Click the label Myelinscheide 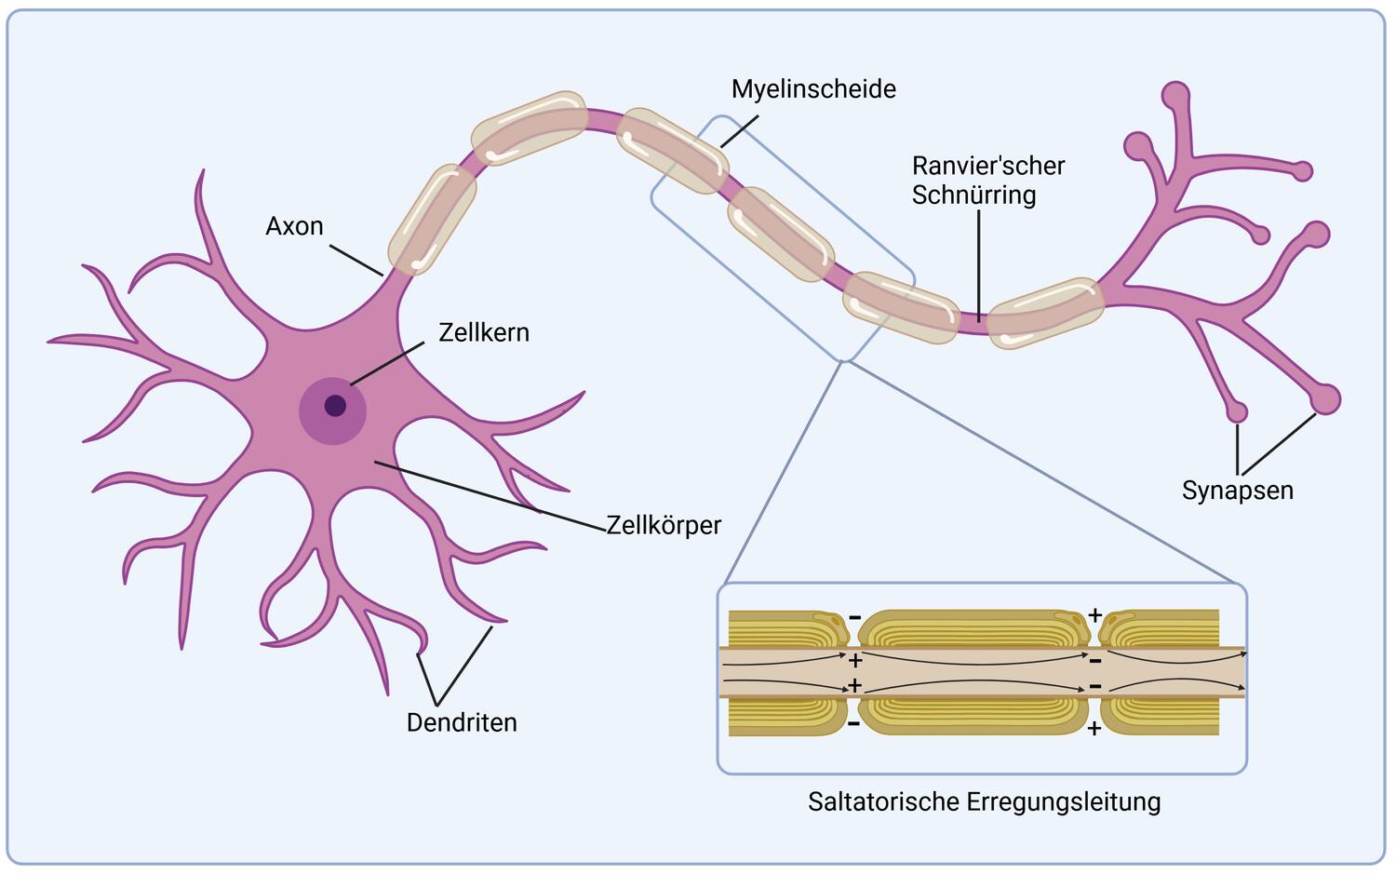(x=813, y=89)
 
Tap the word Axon (x=294, y=226)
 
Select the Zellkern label (x=483, y=332)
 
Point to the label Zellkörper (x=664, y=525)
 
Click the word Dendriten (x=462, y=722)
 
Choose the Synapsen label (x=1237, y=490)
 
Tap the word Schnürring (x=973, y=195)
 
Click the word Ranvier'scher (x=987, y=166)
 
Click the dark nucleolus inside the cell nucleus (x=335, y=406)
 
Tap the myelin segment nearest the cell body (x=432, y=220)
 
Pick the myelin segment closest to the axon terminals (x=1045, y=313)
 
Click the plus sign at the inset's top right (x=1094, y=615)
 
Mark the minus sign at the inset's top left (x=854, y=616)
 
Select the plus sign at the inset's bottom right (x=1094, y=728)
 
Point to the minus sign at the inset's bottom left (x=853, y=722)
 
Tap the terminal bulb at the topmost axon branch (x=1175, y=95)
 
